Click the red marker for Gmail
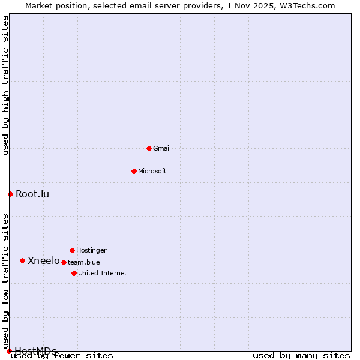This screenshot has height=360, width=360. click(149, 148)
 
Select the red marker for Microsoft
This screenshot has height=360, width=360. click(134, 171)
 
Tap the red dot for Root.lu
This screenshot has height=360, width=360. click(10, 194)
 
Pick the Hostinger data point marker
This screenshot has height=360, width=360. click(72, 250)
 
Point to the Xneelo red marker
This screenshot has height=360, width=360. click(22, 260)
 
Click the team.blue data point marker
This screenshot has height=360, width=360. click(64, 262)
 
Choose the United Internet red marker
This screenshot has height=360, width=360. click(74, 273)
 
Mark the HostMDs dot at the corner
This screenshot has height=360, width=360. click(9, 351)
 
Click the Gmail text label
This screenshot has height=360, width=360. click(162, 148)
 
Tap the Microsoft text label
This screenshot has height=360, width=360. click(152, 171)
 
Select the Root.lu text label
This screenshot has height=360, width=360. click(32, 194)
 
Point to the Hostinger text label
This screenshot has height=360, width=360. click(91, 250)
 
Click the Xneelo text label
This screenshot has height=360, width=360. click(44, 260)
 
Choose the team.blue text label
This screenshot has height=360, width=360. click(84, 262)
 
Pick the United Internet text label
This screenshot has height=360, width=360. click(103, 273)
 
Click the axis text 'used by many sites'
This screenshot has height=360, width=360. click(301, 356)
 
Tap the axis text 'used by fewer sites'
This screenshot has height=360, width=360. click(62, 356)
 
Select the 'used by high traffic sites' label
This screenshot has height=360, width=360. click(6, 85)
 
